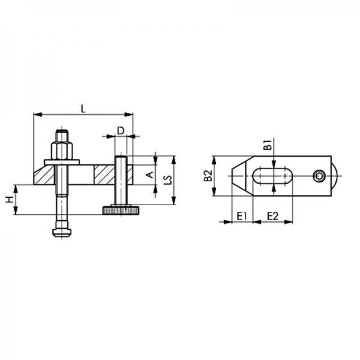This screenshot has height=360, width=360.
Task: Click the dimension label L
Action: [83, 108]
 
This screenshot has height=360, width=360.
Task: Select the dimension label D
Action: [120, 130]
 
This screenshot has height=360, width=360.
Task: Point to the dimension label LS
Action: [169, 179]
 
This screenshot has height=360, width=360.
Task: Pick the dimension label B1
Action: [268, 145]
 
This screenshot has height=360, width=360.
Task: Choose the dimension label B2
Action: [207, 176]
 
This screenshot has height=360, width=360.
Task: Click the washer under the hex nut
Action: [62, 161]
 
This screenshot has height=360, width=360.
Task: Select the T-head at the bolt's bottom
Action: [62, 230]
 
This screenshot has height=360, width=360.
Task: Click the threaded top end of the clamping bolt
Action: [62, 134]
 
